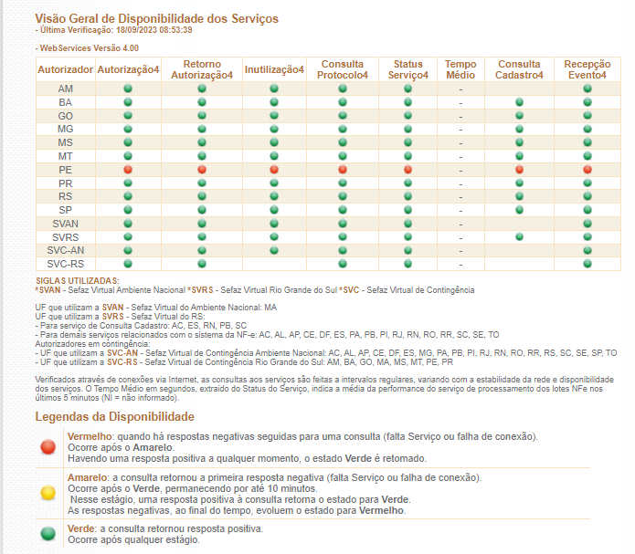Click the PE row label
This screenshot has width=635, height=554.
pos(65,170)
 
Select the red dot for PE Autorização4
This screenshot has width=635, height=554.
pos(128,170)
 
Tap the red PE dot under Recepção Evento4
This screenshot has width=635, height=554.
pos(587,170)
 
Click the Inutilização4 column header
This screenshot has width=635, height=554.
pos(274,69)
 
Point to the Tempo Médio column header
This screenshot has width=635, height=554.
pos(460,69)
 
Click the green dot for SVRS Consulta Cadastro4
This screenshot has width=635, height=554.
pos(519,236)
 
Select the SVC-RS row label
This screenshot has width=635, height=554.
pos(65,264)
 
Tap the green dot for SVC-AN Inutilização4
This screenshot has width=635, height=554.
pos(274,250)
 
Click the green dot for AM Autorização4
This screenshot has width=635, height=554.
pos(128,89)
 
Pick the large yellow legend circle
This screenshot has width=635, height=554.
pos(48,493)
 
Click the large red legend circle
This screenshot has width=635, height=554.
pos(48,447)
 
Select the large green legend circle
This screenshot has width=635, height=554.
pos(48,533)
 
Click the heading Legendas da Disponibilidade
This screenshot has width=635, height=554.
pos(114,416)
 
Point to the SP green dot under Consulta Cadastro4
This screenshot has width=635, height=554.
pos(519,210)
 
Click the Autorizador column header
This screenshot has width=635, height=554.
pos(65,69)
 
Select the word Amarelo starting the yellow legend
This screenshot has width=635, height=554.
pos(87,477)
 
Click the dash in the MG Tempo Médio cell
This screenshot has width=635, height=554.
pos(460,130)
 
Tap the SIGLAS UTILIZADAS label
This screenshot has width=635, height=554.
pos(78,281)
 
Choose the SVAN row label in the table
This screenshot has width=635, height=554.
pos(65,224)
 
